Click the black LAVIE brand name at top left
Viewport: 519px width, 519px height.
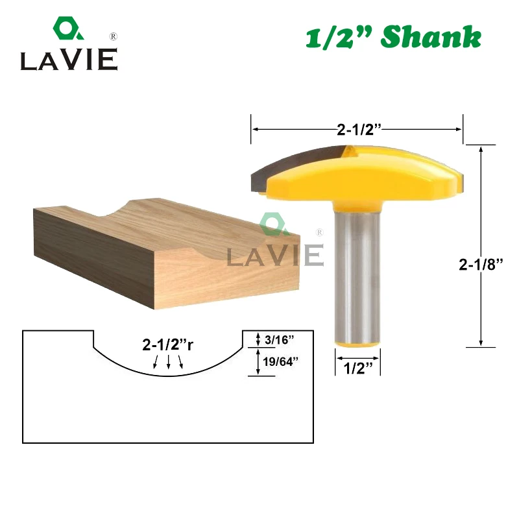(68, 60)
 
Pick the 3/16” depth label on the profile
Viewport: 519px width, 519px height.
(280, 339)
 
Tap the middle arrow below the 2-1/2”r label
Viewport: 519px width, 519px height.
(168, 362)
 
